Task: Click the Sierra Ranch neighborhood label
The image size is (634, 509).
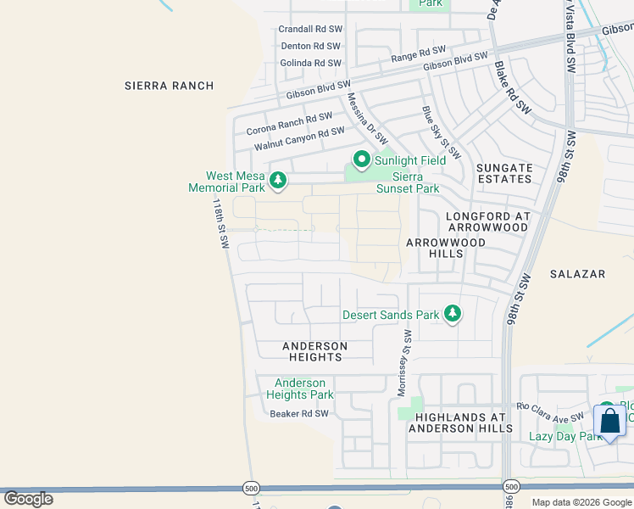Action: [169, 86]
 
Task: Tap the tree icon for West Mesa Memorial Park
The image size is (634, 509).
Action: [276, 179]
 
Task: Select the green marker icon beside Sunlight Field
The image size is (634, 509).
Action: [361, 159]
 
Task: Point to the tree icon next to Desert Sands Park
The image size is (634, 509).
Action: [453, 315]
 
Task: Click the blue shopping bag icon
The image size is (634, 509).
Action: [609, 422]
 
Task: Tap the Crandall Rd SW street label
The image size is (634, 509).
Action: [309, 29]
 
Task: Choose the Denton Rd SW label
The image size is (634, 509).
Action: [310, 46]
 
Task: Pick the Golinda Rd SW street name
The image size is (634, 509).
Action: [310, 63]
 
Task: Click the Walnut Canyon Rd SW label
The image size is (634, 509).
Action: [299, 139]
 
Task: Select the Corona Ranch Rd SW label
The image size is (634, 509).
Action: [289, 125]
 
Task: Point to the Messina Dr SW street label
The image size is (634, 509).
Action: [367, 118]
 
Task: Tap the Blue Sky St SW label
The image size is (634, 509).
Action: [441, 132]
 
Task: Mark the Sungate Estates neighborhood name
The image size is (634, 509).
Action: [504, 174]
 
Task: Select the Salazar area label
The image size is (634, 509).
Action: [577, 274]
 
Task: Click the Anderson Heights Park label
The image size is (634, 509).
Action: [300, 389]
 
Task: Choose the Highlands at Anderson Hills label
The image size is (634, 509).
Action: [460, 422]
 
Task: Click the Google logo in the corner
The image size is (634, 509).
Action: [28, 499]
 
